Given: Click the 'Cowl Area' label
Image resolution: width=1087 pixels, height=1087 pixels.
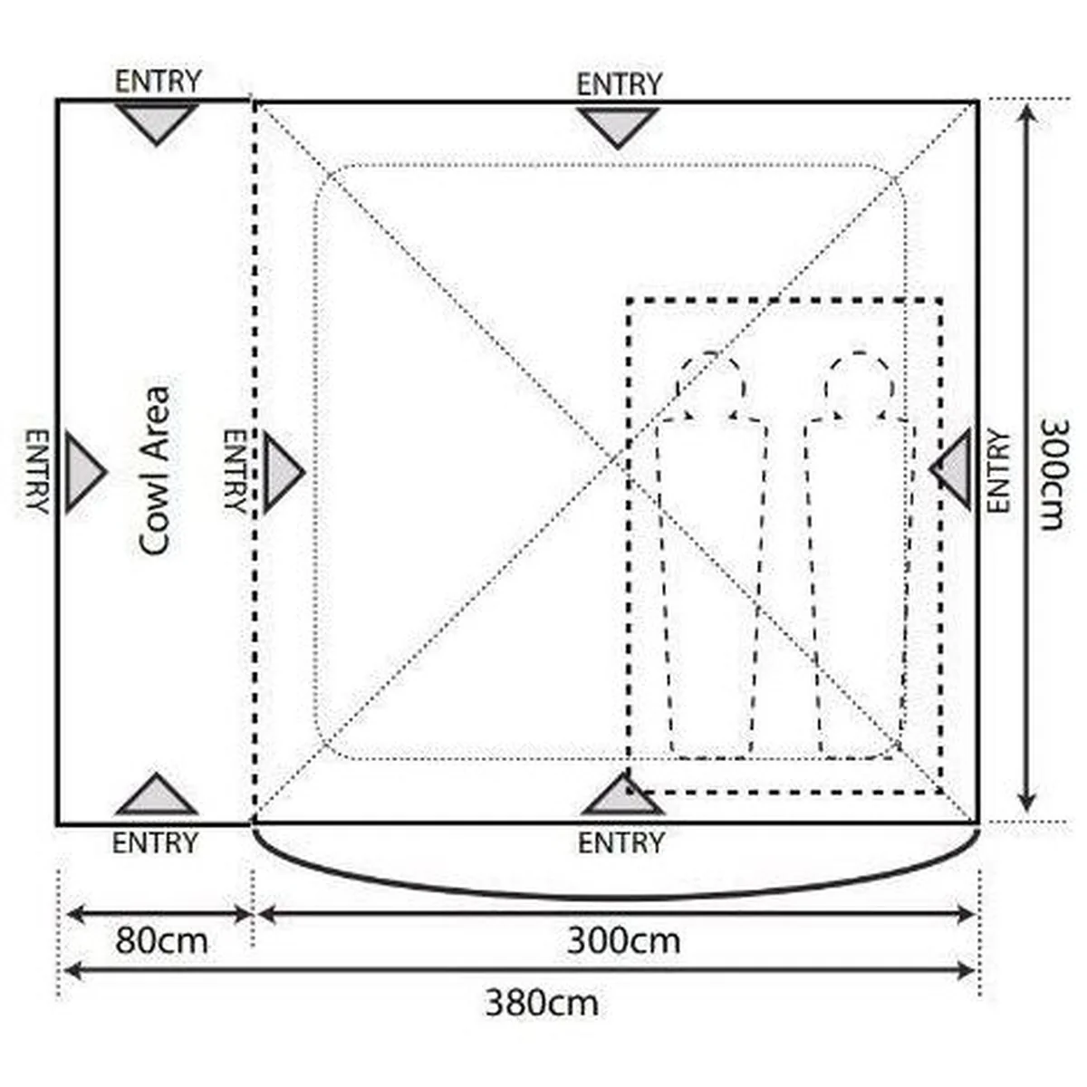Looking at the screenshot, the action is tap(154, 470).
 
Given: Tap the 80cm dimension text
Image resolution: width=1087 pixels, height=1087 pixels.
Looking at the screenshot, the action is tap(161, 941).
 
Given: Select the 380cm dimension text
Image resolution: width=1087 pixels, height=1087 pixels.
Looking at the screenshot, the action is tap(542, 1003).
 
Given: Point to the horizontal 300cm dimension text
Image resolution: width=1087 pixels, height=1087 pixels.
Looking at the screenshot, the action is tap(623, 941).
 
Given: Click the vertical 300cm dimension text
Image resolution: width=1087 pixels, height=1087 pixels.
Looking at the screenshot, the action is tap(1053, 474).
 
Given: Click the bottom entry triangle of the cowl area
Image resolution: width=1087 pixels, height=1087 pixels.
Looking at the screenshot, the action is tap(156, 794).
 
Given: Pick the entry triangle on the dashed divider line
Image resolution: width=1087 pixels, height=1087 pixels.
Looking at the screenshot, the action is tap(284, 472).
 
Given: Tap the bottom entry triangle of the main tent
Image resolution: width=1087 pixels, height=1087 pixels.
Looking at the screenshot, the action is tap(622, 794).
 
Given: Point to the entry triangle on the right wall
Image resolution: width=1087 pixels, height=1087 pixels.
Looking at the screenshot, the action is tap(951, 468).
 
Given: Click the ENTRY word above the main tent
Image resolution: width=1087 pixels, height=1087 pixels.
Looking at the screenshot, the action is tap(619, 84).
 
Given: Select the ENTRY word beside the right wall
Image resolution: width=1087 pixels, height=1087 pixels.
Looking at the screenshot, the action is tap(998, 471).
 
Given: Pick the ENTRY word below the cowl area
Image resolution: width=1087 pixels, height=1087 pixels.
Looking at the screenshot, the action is tap(155, 843).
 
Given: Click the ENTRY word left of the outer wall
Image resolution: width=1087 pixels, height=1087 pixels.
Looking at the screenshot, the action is tap(37, 472).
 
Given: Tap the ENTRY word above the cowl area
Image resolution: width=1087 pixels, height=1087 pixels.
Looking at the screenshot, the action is tap(158, 82).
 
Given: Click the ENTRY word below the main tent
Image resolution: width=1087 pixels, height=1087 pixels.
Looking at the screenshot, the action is tap(621, 843).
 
